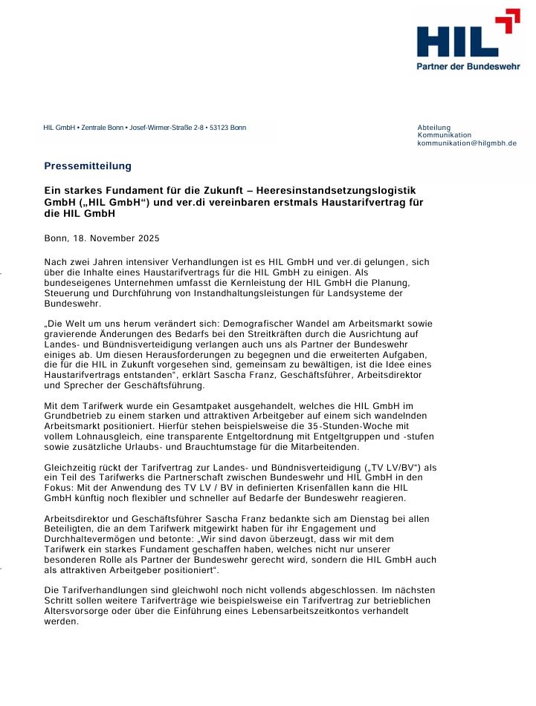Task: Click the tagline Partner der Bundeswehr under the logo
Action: tap(468, 66)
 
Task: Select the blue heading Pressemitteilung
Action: tap(87, 166)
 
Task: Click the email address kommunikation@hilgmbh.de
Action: tap(467, 143)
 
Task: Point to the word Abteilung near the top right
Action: tap(434, 128)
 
